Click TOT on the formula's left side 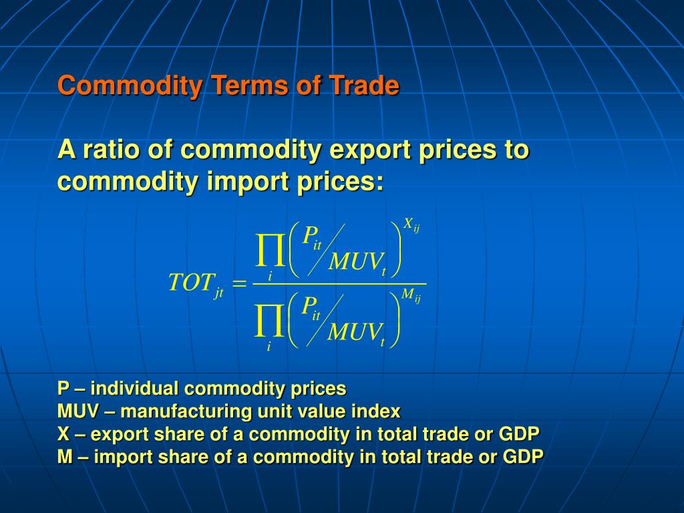coord(191,283)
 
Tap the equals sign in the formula coord(238,285)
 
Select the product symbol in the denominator coord(270,321)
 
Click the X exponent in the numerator coord(407,224)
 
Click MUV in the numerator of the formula coord(354,262)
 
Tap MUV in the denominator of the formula coord(353,332)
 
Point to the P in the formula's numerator coord(309,235)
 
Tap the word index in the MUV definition coord(380,411)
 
